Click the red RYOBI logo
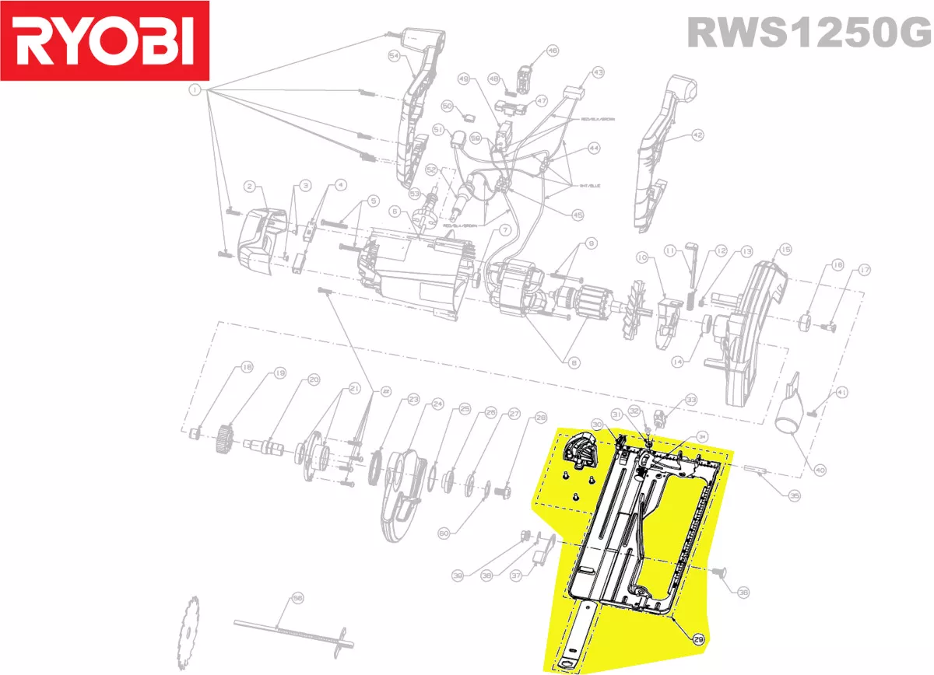click(x=105, y=40)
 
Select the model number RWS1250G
click(x=808, y=33)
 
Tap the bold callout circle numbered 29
click(x=698, y=639)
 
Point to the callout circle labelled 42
click(x=697, y=135)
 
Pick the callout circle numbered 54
click(x=394, y=56)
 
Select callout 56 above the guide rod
click(x=297, y=598)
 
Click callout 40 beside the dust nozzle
click(x=820, y=469)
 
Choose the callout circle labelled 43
click(x=598, y=72)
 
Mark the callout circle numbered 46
click(x=553, y=51)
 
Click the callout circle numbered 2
click(x=250, y=186)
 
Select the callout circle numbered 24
click(x=437, y=404)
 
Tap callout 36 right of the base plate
click(x=743, y=593)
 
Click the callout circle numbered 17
click(x=864, y=270)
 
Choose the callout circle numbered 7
click(x=504, y=230)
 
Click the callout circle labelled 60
click(x=443, y=533)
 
